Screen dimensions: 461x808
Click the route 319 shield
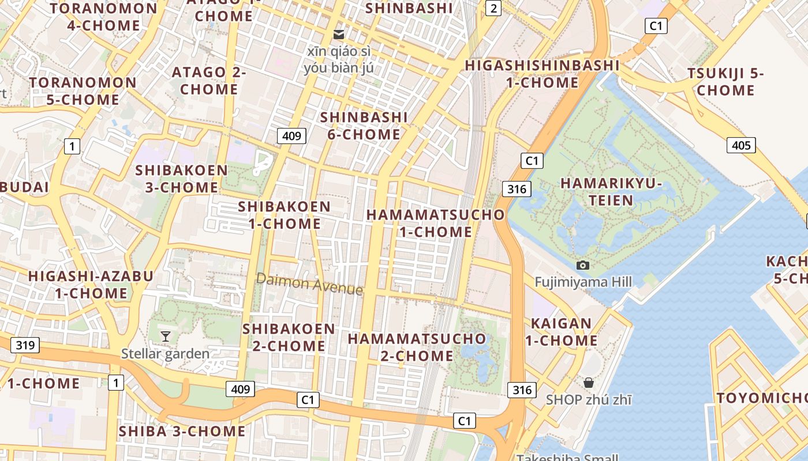pyautogui.click(x=25, y=345)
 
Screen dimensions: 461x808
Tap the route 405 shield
pyautogui.click(x=741, y=145)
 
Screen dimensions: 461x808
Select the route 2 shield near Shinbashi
pyautogui.click(x=493, y=8)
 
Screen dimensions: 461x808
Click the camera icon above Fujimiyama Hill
pyautogui.click(x=583, y=265)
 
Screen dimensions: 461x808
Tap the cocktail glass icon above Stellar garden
pyautogui.click(x=166, y=336)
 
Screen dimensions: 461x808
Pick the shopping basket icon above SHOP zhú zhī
pyautogui.click(x=588, y=383)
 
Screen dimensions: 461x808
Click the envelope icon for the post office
pyautogui.click(x=339, y=35)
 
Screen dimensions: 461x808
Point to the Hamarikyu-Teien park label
pyautogui.click(x=611, y=192)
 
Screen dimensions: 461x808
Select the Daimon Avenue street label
pyautogui.click(x=309, y=284)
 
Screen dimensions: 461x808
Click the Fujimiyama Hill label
pyautogui.click(x=583, y=282)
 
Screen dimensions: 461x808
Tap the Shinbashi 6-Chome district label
pyautogui.click(x=364, y=126)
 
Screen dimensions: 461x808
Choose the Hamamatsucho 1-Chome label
pyautogui.click(x=436, y=223)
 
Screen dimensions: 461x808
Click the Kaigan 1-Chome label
pyautogui.click(x=561, y=331)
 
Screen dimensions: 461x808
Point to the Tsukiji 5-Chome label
pyautogui.click(x=725, y=82)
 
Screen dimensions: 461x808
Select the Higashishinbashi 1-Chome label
pyautogui.click(x=542, y=74)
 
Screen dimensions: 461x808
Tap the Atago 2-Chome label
pyautogui.click(x=209, y=81)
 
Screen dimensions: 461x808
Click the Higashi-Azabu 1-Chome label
pyautogui.click(x=91, y=285)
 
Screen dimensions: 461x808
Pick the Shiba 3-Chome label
pyautogui.click(x=182, y=431)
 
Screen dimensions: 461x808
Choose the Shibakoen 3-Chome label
pyautogui.click(x=181, y=179)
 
